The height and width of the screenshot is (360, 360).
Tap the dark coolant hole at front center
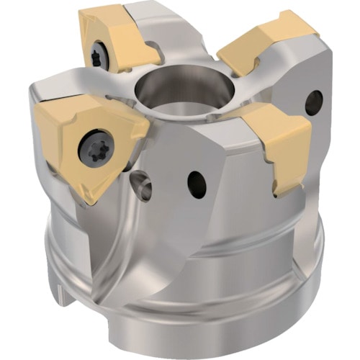pos(196,184)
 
